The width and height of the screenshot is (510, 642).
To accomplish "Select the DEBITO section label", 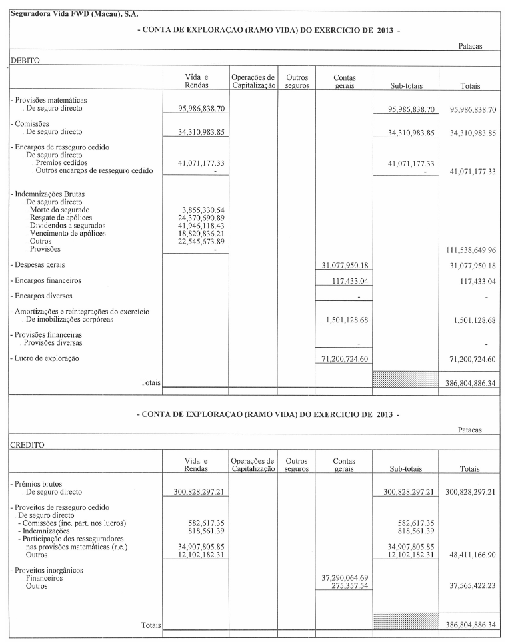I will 25,59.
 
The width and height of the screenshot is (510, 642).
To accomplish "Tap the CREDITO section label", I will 27,444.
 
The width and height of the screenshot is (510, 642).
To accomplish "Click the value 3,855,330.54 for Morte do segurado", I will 199,210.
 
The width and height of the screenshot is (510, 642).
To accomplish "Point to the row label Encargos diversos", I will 43,296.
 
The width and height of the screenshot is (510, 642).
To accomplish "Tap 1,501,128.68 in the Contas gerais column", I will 344,320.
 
